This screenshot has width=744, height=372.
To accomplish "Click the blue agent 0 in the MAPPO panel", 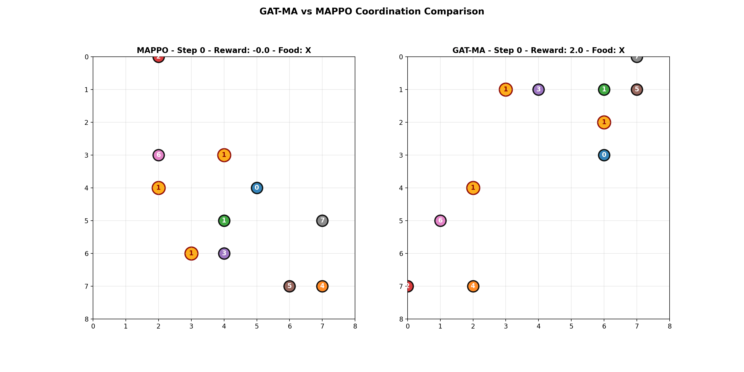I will tap(257, 188).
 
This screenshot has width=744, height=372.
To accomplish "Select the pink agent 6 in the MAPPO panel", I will tap(158, 155).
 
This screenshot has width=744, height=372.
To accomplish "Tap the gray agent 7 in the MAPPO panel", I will tap(322, 221).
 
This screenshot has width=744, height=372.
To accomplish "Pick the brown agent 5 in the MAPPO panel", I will tap(289, 286).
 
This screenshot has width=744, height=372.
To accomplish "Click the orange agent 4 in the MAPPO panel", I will tap(322, 286).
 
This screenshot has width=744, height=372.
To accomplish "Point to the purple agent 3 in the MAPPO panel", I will tap(224, 254).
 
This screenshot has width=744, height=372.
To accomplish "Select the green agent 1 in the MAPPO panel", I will tap(224, 221).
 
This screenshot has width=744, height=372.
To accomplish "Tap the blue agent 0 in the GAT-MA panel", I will tap(604, 155).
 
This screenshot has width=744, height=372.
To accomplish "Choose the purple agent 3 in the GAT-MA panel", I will tap(538, 90).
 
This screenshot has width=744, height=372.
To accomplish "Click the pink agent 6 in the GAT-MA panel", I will tap(440, 221).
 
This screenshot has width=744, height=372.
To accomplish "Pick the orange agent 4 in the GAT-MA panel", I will tap(473, 286).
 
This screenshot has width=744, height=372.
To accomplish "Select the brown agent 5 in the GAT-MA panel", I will tap(637, 90).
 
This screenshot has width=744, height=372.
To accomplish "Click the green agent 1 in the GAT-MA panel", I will tap(604, 90).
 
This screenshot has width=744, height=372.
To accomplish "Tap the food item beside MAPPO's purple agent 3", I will tap(191, 254).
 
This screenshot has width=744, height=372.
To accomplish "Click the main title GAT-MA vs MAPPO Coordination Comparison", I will tap(372, 12).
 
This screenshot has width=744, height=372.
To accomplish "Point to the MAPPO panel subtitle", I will tap(224, 50).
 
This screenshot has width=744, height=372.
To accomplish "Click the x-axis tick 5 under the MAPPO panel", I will tap(257, 326).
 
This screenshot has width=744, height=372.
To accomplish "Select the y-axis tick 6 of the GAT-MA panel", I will tap(401, 254).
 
